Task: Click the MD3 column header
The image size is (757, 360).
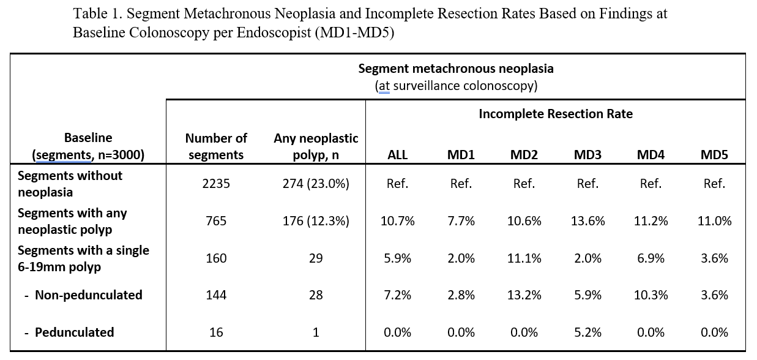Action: tap(587, 155)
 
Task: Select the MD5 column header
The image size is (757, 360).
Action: tap(714, 155)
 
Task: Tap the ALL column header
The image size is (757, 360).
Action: tap(397, 155)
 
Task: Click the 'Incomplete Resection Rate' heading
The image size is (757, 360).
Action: tap(556, 114)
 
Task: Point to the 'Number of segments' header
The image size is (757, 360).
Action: tap(216, 146)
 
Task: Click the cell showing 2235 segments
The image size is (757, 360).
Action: tap(216, 184)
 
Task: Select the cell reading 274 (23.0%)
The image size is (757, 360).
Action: tap(316, 184)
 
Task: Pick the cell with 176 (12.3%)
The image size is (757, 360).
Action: tap(316, 221)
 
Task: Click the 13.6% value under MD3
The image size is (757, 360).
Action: tap(587, 221)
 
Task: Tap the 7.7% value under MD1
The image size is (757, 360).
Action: tap(461, 221)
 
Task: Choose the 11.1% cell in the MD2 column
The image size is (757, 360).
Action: tap(524, 258)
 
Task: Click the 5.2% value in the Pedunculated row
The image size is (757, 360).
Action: tap(587, 332)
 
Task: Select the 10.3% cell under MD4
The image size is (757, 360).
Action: tap(651, 295)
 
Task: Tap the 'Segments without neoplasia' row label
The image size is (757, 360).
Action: tap(70, 184)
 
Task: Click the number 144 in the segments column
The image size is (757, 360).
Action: tap(216, 295)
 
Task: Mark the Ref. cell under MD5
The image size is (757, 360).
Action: tap(714, 184)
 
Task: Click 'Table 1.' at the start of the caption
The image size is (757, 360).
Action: tap(98, 13)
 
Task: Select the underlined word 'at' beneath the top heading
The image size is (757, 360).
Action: tap(384, 86)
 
